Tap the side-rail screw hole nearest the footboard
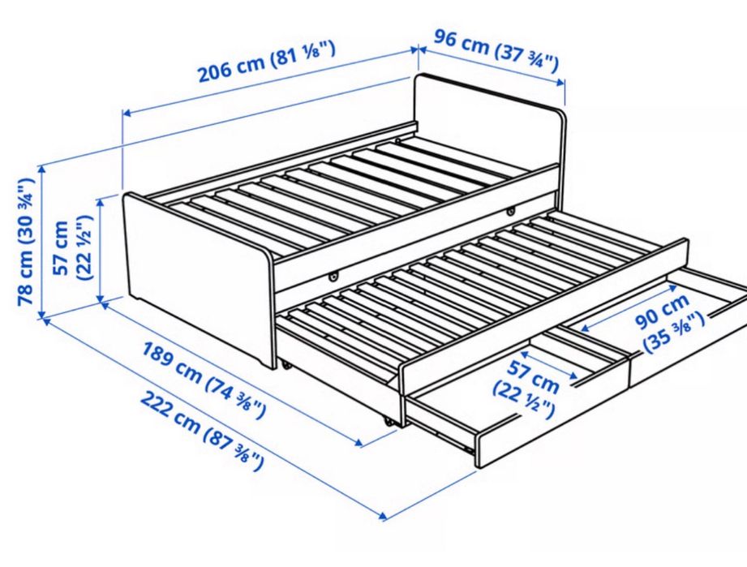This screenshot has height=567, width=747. (332, 276)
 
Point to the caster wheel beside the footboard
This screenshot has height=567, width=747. (288, 365)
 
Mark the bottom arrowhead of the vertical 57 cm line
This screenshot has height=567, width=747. (101, 301)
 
